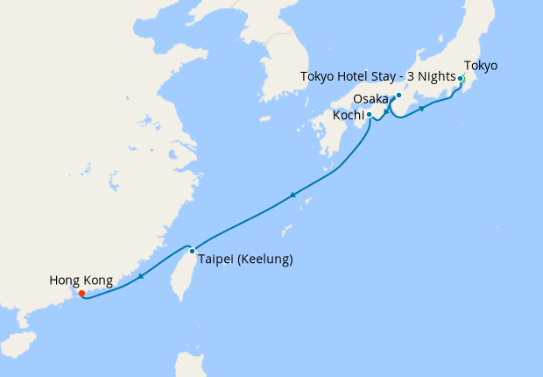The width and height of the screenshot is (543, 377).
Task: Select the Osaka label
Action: point(372,99)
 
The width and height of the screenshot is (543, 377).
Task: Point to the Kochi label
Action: point(349,115)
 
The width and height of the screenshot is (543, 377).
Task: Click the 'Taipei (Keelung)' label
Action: point(245,260)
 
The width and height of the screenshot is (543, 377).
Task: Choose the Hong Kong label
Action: point(81,281)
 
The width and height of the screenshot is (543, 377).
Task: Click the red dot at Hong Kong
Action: point(81,294)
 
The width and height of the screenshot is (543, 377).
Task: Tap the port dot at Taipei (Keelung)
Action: point(193,251)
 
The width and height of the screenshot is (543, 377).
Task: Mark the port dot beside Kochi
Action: point(370,115)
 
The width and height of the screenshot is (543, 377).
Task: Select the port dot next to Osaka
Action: point(398,96)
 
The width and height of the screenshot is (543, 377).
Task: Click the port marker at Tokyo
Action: point(461,79)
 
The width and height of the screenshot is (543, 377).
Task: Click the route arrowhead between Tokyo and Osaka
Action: point(423,109)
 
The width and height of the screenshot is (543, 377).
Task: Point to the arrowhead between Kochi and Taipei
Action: point(293,195)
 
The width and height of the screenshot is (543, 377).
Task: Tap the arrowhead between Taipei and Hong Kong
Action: point(140,277)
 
